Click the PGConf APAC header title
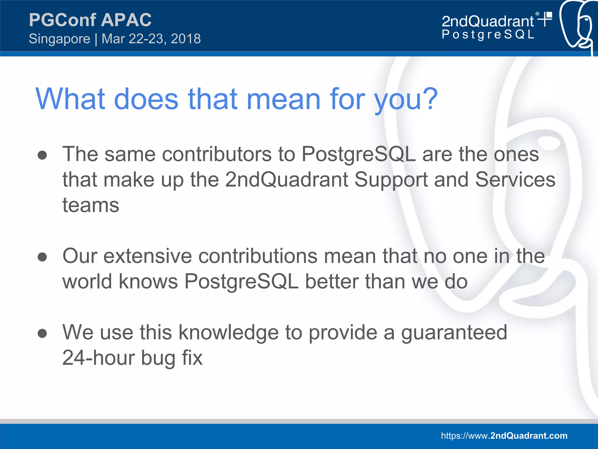(x=90, y=20)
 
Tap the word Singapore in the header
(x=60, y=39)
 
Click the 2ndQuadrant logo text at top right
(x=488, y=21)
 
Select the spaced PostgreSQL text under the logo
(x=488, y=34)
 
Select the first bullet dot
(x=42, y=155)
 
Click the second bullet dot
(x=42, y=257)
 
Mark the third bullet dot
(x=42, y=333)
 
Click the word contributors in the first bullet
(x=217, y=154)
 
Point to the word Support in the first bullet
(x=391, y=180)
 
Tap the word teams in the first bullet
(x=91, y=205)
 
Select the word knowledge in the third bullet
(x=229, y=333)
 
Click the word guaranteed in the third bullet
(x=454, y=333)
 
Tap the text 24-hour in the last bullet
(x=98, y=358)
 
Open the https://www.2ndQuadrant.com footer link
(x=504, y=436)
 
